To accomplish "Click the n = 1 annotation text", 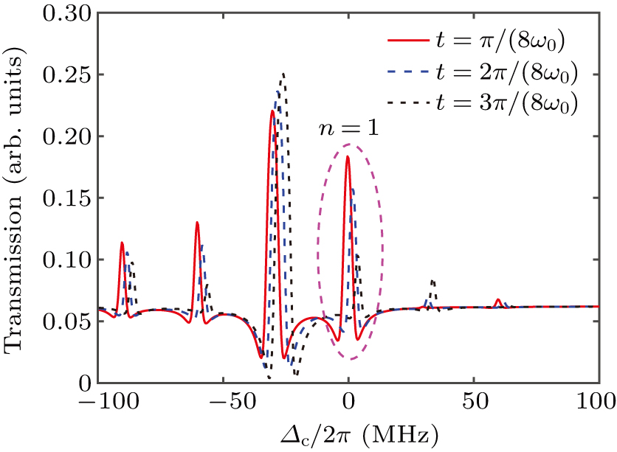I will tap(348, 128).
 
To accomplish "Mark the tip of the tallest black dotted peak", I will tap(283, 74).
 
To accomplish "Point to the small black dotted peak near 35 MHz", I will tap(432, 281).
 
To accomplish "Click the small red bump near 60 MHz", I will tap(498, 299).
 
